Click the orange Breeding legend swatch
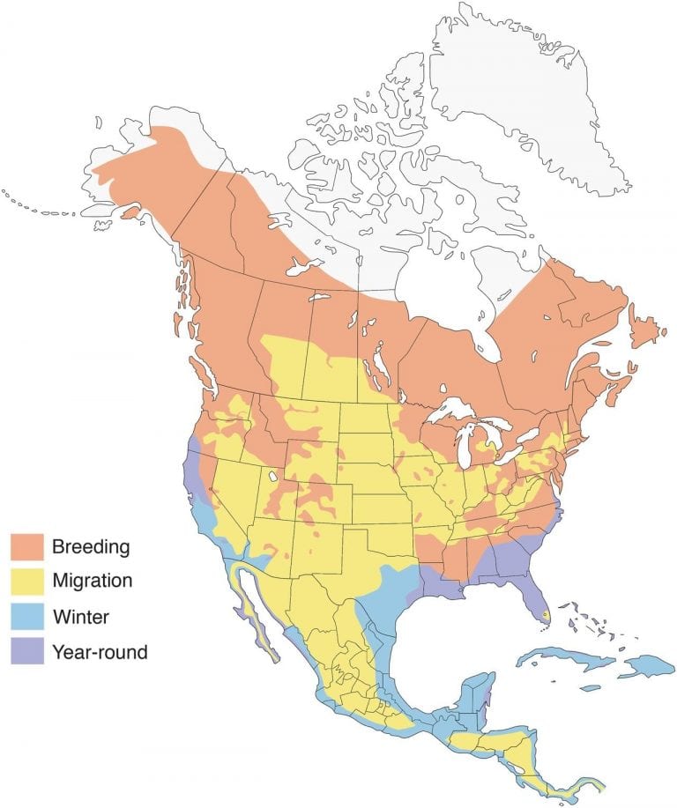tap(27, 546)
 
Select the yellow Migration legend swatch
tap(27, 582)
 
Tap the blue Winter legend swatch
tap(27, 617)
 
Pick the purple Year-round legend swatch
tap(27, 652)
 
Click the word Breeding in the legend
tap(91, 546)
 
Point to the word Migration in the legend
tap(93, 582)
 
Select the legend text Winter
tap(80, 617)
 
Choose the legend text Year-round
tap(100, 652)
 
